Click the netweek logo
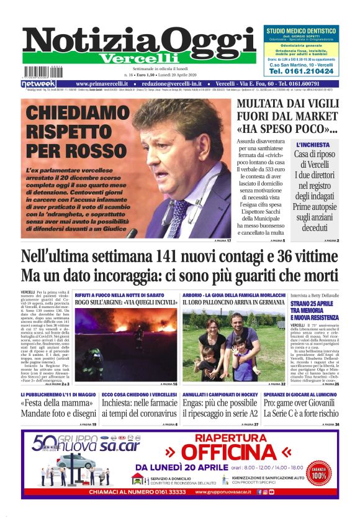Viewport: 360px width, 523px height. tap(38, 83)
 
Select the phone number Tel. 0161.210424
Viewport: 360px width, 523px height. tap(302, 71)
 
